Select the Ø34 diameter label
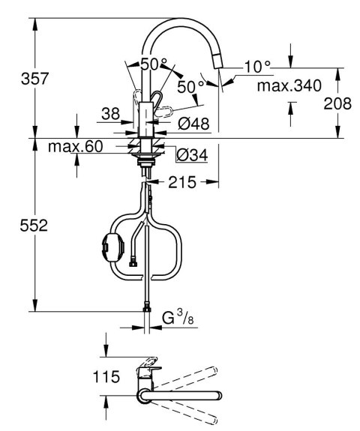pyautogui.click(x=192, y=155)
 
